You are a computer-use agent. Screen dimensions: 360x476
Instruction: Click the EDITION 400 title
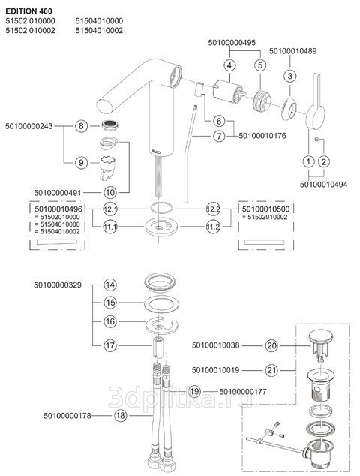(x=28, y=11)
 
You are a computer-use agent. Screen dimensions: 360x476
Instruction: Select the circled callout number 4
(x=229, y=65)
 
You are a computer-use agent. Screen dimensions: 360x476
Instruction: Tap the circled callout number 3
(x=290, y=76)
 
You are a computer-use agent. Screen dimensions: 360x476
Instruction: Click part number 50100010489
(x=292, y=51)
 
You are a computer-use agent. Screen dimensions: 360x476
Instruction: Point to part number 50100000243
(x=28, y=126)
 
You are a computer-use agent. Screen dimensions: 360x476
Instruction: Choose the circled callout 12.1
(x=110, y=209)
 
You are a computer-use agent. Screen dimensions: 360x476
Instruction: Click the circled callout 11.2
(x=213, y=227)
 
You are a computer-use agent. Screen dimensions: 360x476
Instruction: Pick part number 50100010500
(x=266, y=209)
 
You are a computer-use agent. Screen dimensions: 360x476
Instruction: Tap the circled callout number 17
(x=110, y=345)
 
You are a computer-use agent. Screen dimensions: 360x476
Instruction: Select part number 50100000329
(x=58, y=285)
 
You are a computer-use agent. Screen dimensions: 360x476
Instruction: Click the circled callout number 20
(x=271, y=345)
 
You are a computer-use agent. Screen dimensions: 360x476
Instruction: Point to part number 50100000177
(x=243, y=392)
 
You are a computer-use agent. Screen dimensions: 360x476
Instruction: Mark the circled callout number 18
(x=121, y=416)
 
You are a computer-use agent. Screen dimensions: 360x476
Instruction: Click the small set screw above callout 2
(x=316, y=139)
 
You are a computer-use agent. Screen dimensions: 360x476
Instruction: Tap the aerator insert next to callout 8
(x=110, y=125)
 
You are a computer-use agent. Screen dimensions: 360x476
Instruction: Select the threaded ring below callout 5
(x=261, y=101)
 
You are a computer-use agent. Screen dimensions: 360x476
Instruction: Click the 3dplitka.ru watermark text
(x=180, y=397)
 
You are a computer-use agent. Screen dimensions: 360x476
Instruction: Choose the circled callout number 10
(x=110, y=192)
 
